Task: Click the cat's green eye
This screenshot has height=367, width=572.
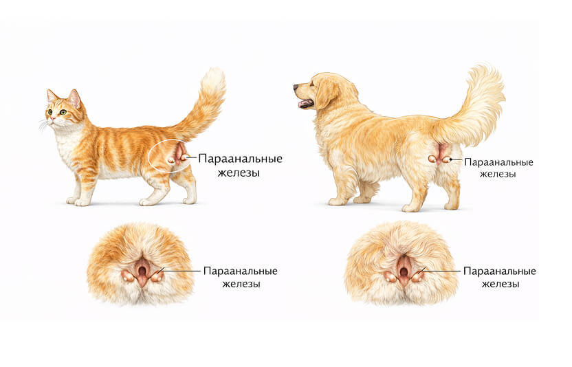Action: click(63, 112)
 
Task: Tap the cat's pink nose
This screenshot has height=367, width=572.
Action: click(53, 119)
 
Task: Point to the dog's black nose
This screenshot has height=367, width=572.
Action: click(296, 87)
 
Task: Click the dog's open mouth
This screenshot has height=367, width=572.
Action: click(306, 103)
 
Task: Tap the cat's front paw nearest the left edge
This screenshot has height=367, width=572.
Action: click(72, 201)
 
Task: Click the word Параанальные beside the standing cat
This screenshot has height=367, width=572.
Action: click(241, 159)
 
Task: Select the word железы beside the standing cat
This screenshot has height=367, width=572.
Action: click(239, 173)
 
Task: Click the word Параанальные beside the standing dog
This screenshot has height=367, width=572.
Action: click(498, 162)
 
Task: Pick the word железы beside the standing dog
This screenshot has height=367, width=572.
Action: click(498, 174)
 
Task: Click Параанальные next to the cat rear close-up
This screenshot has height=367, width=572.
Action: click(241, 271)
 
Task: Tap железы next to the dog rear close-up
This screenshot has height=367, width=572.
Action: click(500, 284)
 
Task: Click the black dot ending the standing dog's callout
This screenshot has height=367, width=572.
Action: click(451, 159)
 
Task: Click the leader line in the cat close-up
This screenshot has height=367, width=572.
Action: click(180, 271)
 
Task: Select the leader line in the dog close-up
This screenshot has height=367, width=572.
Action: click(439, 271)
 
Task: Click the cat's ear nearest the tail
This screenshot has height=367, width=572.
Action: click(75, 98)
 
